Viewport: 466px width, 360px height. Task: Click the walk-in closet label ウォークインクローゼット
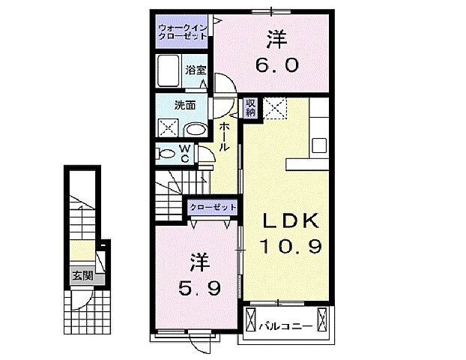pyautogui.click(x=183, y=33)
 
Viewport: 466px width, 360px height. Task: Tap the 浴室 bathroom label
pyautogui.click(x=196, y=71)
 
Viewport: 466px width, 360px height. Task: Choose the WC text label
pyautogui.click(x=184, y=152)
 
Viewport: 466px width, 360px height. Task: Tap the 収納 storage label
pyautogui.click(x=250, y=107)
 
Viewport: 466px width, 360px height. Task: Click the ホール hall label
pyautogui.click(x=224, y=138)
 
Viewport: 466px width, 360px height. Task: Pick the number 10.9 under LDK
pyautogui.click(x=291, y=245)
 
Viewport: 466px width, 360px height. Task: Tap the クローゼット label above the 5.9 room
pyautogui.click(x=213, y=206)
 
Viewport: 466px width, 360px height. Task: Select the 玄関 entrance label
pyautogui.click(x=82, y=275)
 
